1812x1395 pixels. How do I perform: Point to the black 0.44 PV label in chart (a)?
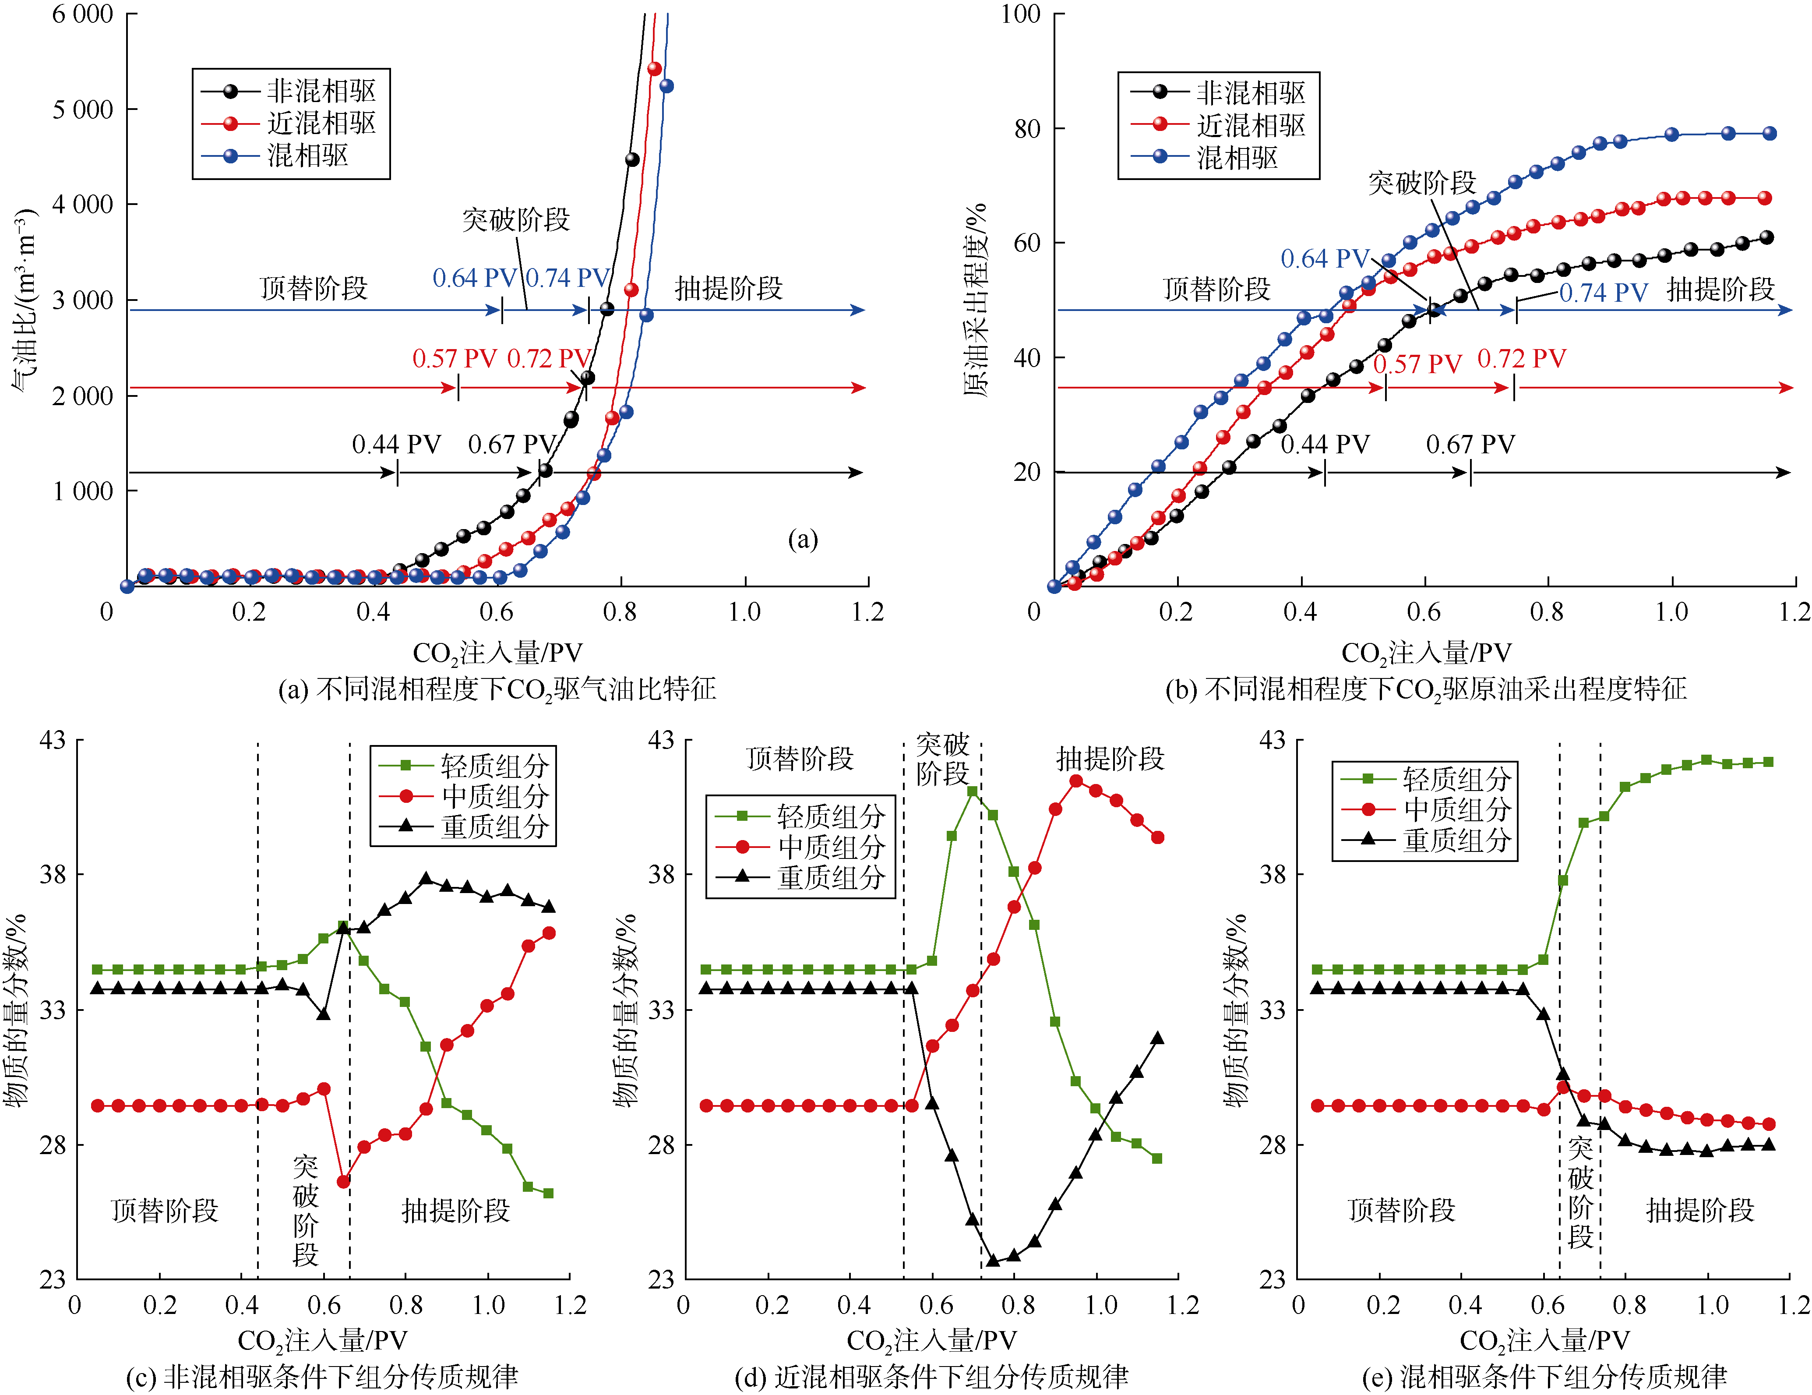pyautogui.click(x=396, y=445)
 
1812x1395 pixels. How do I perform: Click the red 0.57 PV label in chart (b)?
pyautogui.click(x=1417, y=364)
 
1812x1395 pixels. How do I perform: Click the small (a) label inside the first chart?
pyautogui.click(x=802, y=540)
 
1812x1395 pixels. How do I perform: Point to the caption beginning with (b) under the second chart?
pyautogui.click(x=1425, y=689)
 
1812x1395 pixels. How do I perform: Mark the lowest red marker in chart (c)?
pyautogui.click(x=343, y=1181)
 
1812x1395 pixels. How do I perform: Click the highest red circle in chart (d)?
pyautogui.click(x=1075, y=781)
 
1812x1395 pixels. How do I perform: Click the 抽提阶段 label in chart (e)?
pyautogui.click(x=1699, y=1210)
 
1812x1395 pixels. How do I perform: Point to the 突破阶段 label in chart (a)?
pyautogui.click(x=515, y=220)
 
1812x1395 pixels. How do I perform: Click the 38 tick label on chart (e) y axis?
pyautogui.click(x=1273, y=875)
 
